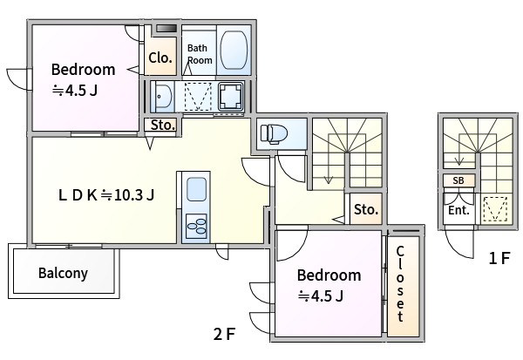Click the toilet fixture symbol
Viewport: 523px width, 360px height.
pyautogui.click(x=274, y=133)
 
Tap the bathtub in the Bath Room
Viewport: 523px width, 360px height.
pyautogui.click(x=234, y=50)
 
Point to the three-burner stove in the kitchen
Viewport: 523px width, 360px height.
pyautogui.click(x=196, y=227)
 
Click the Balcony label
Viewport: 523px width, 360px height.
pyautogui.click(x=63, y=273)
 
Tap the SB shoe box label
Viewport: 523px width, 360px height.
pyautogui.click(x=458, y=180)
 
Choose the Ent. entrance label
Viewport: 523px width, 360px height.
pyautogui.click(x=458, y=210)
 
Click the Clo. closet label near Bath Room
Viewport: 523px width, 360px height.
pyautogui.click(x=160, y=58)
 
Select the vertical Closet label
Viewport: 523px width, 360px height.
pyautogui.click(x=400, y=284)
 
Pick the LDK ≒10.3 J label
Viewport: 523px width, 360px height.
pyautogui.click(x=106, y=195)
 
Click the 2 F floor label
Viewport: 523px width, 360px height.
pyautogui.click(x=225, y=334)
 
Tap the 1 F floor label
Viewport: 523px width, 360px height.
pyautogui.click(x=499, y=258)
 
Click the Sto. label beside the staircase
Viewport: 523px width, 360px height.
pyautogui.click(x=366, y=209)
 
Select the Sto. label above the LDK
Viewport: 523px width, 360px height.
pyautogui.click(x=163, y=126)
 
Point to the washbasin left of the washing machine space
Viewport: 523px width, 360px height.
pyautogui.click(x=162, y=97)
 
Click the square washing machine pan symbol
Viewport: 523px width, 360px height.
pyautogui.click(x=230, y=96)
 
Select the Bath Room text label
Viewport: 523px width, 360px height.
pyautogui.click(x=200, y=54)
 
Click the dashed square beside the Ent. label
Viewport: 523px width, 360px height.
pyautogui.click(x=495, y=209)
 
